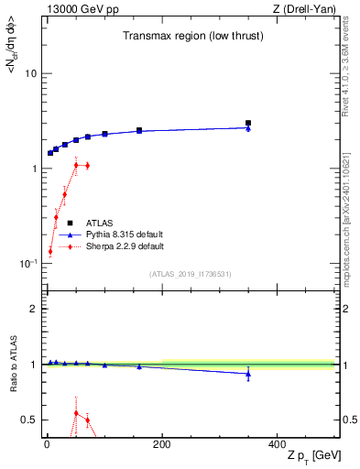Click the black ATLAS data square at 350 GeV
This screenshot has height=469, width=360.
coord(248,123)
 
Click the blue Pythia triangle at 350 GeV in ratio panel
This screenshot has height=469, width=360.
coord(248,374)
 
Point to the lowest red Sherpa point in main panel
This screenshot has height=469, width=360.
coord(50,251)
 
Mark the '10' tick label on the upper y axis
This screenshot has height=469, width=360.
coord(31,73)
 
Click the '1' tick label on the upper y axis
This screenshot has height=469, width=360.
coord(34,169)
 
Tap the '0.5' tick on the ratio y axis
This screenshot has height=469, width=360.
coord(28,420)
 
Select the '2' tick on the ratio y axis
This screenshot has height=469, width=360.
coord(33,309)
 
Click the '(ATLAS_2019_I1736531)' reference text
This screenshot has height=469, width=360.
coord(191,273)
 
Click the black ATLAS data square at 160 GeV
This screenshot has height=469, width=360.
coord(139,130)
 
